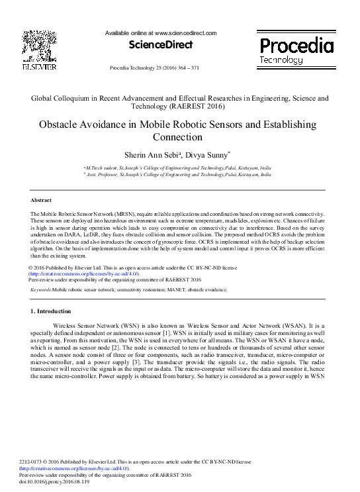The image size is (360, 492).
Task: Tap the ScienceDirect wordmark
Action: (161, 45)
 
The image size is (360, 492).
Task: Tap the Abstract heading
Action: (42, 199)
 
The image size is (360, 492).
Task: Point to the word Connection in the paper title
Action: (180, 138)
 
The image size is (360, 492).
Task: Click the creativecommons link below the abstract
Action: (83, 273)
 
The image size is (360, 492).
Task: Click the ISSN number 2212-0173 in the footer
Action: (32, 462)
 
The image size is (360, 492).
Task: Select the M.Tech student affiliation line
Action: (178, 169)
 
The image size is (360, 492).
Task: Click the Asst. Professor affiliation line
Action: (178, 175)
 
